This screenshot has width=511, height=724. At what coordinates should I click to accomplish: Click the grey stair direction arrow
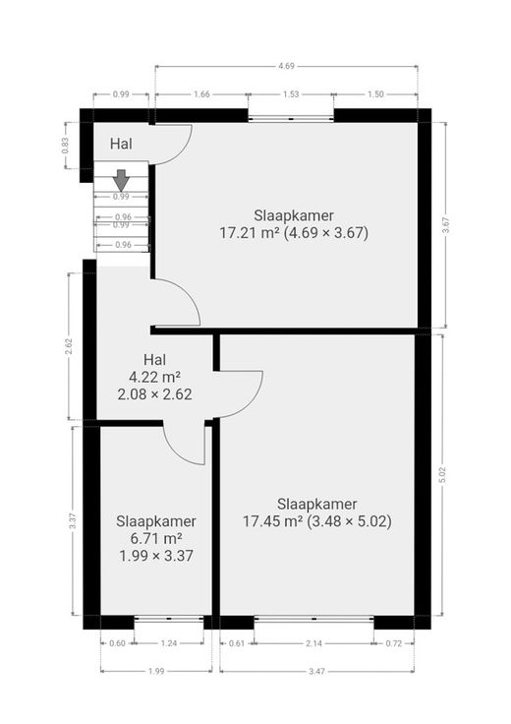[x=121, y=180]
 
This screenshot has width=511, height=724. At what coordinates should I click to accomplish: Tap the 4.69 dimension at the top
[x=286, y=66]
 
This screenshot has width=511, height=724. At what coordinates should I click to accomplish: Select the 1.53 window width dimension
[x=291, y=94]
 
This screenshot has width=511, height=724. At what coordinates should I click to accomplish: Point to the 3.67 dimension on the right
[x=445, y=225]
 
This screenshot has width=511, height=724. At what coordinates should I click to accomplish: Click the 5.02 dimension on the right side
[x=443, y=475]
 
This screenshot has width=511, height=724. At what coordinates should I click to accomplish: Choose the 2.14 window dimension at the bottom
[x=313, y=643]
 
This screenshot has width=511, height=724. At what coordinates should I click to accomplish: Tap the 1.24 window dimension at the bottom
[x=169, y=643]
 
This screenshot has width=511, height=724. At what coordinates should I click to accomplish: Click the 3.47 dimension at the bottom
[x=316, y=671]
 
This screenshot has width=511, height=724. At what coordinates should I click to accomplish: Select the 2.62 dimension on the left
[x=69, y=347]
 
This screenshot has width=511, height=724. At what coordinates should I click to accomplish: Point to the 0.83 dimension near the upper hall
[x=65, y=146]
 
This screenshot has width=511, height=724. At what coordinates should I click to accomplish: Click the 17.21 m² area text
[x=250, y=233]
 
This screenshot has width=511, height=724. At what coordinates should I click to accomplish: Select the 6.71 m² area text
[x=156, y=538]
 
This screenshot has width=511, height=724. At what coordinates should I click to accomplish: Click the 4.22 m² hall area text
[x=154, y=377]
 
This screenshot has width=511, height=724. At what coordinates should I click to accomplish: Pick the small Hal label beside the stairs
[x=121, y=144]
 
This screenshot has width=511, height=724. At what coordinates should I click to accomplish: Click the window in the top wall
[x=291, y=119]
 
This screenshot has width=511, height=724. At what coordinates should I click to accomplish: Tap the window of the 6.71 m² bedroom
[x=169, y=618]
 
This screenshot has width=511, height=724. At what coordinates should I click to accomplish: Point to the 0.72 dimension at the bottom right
[x=394, y=643]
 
